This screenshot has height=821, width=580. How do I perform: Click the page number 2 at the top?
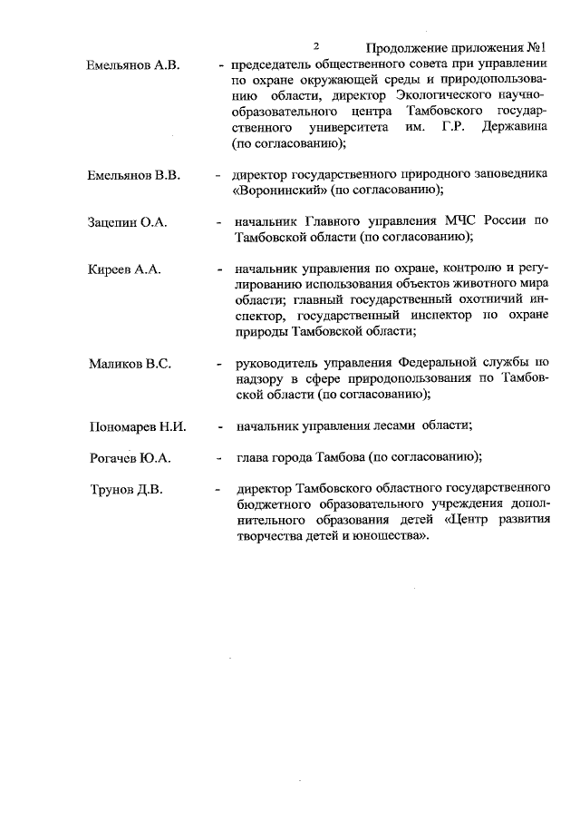(316, 46)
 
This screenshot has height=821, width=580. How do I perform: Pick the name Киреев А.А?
(125, 269)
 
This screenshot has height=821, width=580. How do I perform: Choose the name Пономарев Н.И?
(138, 426)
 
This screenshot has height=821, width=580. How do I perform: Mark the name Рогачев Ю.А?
(130, 458)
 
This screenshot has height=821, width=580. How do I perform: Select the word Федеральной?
(436, 364)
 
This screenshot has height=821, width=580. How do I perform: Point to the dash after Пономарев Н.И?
(219, 426)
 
